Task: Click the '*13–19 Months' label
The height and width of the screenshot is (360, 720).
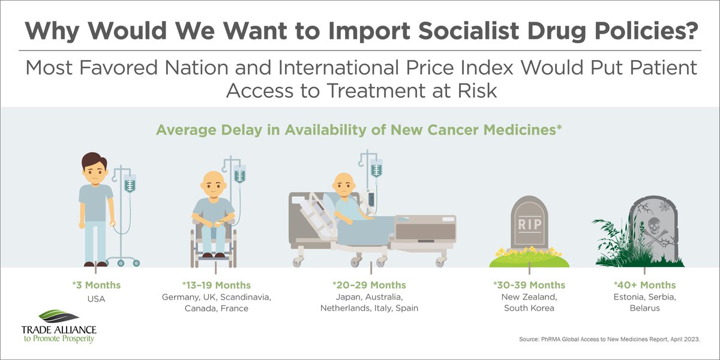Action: coord(216,285)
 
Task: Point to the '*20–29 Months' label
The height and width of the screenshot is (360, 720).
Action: coord(369,285)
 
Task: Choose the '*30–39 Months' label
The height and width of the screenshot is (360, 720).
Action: coord(529,285)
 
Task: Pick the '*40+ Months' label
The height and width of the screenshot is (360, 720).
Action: coord(644,285)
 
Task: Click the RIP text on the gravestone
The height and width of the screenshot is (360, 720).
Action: coord(529,224)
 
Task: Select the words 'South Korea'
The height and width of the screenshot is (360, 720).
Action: coord(529,308)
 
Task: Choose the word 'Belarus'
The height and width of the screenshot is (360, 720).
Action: coord(644,308)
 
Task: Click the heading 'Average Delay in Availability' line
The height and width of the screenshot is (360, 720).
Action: coord(359,130)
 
